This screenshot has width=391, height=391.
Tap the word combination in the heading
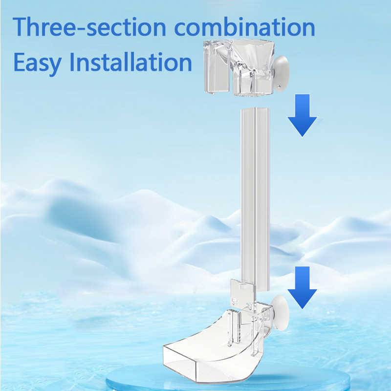[x=245, y=27]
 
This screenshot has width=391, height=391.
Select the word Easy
[x=38, y=63]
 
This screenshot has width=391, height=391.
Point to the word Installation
[x=130, y=62]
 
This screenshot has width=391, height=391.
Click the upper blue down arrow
[x=302, y=115]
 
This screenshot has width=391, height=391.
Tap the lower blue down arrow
[x=302, y=287]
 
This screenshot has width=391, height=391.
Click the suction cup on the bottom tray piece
[x=281, y=313]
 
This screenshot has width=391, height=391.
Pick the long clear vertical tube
[x=255, y=199]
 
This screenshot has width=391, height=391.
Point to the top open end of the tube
[x=255, y=109]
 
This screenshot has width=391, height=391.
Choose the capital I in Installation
[x=72, y=62]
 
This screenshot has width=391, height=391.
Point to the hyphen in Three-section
[x=80, y=29]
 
